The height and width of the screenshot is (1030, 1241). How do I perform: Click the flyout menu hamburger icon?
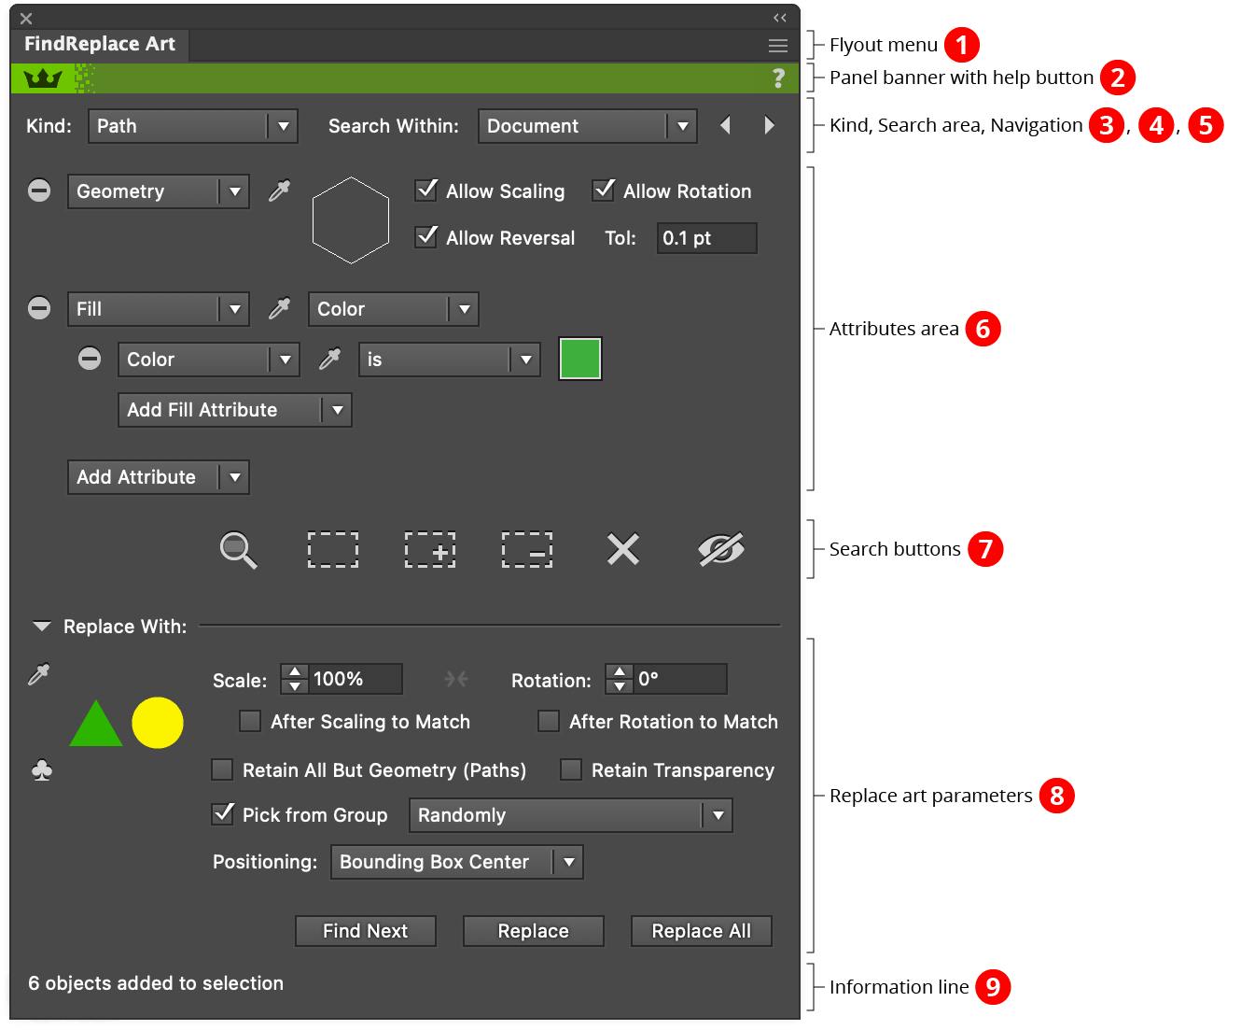[x=777, y=45]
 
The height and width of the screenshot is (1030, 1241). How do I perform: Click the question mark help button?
[x=778, y=78]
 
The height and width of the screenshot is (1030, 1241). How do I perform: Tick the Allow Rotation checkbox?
[x=604, y=190]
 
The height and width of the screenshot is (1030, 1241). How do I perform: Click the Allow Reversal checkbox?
[x=426, y=236]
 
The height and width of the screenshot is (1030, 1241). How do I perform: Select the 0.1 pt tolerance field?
[x=705, y=238]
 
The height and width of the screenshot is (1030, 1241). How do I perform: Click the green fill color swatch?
[x=579, y=359]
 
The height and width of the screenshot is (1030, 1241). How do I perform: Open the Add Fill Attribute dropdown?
[x=234, y=410]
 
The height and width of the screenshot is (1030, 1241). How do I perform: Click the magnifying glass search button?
[x=238, y=550]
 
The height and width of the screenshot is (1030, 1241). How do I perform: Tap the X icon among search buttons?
[x=622, y=549]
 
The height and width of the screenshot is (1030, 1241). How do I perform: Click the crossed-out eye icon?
[x=720, y=549]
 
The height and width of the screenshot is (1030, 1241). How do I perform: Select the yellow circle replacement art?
[x=158, y=723]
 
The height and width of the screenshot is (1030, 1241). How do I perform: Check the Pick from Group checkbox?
[x=223, y=813]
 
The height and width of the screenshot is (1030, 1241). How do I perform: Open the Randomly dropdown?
[x=570, y=815]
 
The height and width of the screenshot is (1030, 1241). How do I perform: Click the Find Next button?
[x=365, y=931]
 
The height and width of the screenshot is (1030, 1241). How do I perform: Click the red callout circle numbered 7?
[x=985, y=549]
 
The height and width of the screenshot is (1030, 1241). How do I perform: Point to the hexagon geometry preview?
[x=351, y=219]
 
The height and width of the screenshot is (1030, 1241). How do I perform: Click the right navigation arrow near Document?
[x=769, y=125]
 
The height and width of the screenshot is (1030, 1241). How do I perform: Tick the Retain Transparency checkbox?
[x=571, y=769]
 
